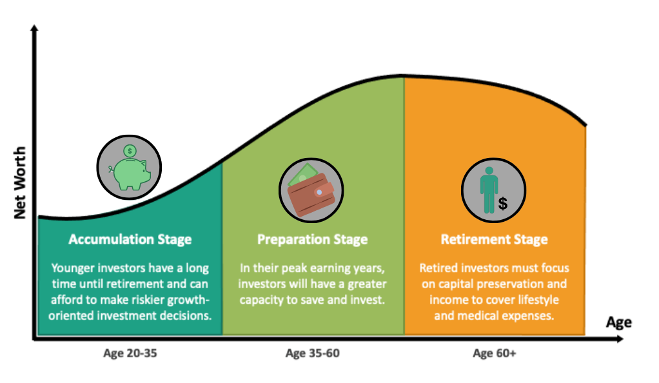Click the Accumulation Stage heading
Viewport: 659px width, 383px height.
click(x=130, y=240)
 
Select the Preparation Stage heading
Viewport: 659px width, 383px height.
click(x=312, y=240)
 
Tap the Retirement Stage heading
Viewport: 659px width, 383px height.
click(x=494, y=240)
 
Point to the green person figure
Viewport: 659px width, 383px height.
click(x=489, y=190)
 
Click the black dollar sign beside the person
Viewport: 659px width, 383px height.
click(x=503, y=204)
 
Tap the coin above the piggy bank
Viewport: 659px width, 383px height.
click(x=130, y=150)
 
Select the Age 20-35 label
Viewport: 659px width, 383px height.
click(x=130, y=353)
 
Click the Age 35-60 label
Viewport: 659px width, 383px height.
click(x=312, y=353)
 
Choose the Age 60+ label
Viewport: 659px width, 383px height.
click(x=494, y=353)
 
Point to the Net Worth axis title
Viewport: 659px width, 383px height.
click(x=20, y=183)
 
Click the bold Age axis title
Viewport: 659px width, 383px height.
click(x=618, y=323)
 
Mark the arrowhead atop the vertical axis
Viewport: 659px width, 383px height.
click(x=34, y=28)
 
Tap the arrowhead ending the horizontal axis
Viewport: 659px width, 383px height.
click(x=620, y=339)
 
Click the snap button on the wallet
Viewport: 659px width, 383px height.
click(x=319, y=192)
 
